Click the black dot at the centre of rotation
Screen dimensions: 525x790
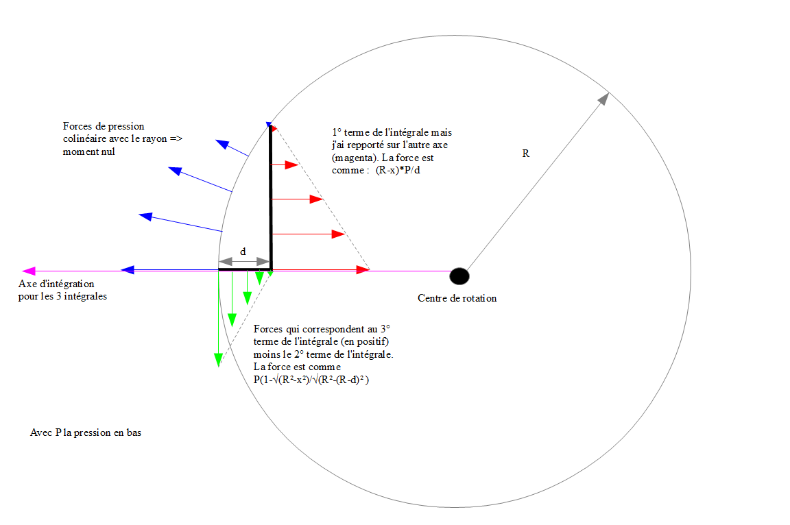(459, 276)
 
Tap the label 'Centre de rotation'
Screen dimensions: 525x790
(457, 298)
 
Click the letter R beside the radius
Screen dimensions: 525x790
(526, 154)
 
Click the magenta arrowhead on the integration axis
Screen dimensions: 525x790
(28, 271)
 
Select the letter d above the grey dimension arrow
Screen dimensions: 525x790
(243, 252)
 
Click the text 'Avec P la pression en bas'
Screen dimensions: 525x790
(86, 432)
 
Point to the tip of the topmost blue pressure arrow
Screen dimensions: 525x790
(222, 143)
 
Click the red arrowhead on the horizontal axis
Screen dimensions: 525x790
(363, 271)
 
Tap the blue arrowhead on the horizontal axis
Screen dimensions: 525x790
(128, 271)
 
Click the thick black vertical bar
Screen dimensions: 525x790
(271, 199)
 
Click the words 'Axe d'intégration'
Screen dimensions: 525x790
(56, 284)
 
